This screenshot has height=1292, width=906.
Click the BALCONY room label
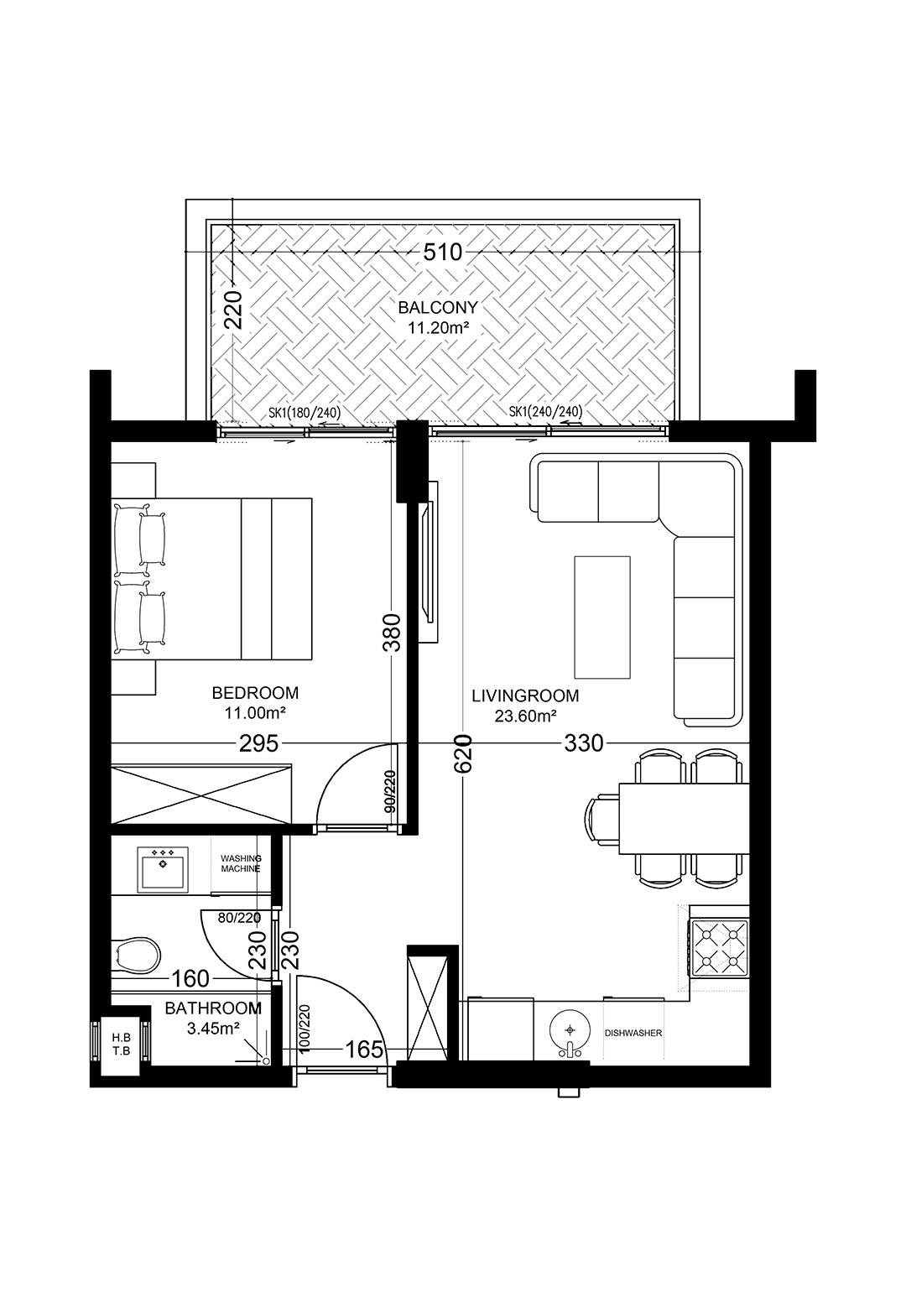tap(438, 307)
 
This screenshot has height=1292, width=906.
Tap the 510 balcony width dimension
tap(443, 253)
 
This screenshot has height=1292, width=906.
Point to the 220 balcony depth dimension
tap(235, 309)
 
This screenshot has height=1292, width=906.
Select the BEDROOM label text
tap(256, 692)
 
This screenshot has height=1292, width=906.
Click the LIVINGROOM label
tap(525, 695)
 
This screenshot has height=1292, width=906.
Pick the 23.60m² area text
tap(525, 716)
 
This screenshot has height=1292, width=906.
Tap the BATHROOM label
tap(213, 1008)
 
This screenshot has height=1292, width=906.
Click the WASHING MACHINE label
tap(241, 863)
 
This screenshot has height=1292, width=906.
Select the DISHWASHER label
tap(633, 1033)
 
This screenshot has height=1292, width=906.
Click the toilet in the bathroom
tap(136, 955)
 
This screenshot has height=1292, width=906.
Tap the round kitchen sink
tap(570, 1030)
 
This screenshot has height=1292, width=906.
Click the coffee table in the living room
tap(602, 617)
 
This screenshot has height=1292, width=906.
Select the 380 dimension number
tap(392, 633)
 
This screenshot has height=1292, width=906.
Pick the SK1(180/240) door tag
tap(305, 413)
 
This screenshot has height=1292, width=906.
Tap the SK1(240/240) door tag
tap(545, 412)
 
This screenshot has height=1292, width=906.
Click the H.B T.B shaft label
tap(121, 1045)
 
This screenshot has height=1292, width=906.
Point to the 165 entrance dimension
tap(364, 1050)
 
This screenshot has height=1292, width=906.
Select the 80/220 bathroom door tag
tap(239, 917)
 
